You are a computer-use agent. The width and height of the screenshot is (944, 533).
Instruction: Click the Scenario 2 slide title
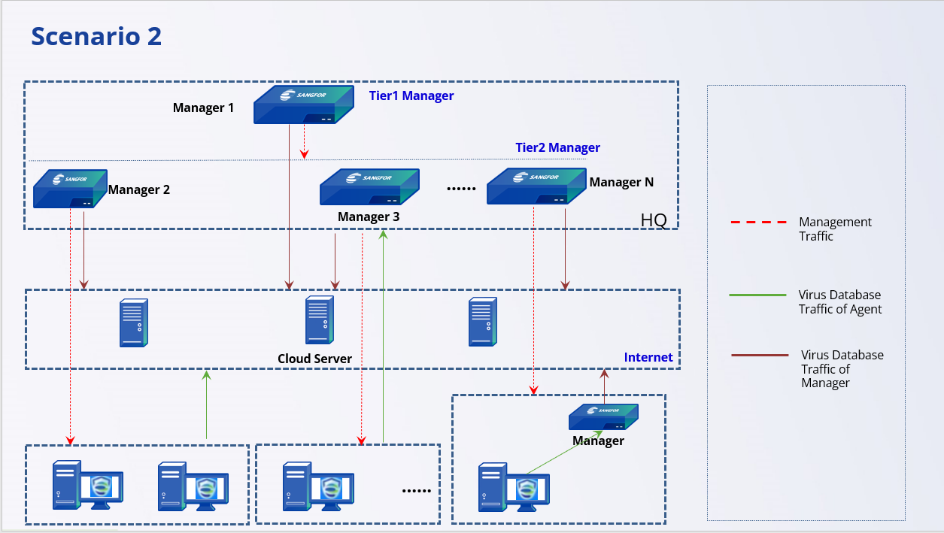click(96, 36)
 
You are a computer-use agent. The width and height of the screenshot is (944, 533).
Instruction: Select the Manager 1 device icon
click(303, 104)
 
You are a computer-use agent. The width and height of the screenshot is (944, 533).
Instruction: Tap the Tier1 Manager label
click(411, 95)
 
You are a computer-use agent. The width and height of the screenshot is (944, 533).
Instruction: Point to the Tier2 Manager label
click(557, 147)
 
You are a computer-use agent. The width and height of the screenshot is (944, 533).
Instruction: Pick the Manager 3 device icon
click(369, 186)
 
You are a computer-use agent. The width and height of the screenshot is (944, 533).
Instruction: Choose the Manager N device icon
click(536, 186)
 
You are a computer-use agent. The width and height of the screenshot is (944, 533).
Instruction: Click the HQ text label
click(654, 220)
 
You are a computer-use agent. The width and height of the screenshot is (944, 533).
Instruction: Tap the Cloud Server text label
click(314, 359)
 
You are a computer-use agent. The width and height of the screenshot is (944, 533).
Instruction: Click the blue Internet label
click(648, 357)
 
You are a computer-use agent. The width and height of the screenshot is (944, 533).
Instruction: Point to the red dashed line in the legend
click(759, 223)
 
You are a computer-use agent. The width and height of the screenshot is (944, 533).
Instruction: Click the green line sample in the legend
click(759, 295)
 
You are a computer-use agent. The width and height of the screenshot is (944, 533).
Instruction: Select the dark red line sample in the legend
click(760, 355)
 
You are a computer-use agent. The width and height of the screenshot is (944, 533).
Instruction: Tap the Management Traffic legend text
click(835, 229)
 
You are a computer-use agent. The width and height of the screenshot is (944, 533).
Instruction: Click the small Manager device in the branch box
click(603, 416)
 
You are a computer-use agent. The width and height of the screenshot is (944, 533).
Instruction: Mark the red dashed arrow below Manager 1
click(304, 141)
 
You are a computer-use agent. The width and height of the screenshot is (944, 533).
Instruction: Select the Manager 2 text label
click(139, 189)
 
